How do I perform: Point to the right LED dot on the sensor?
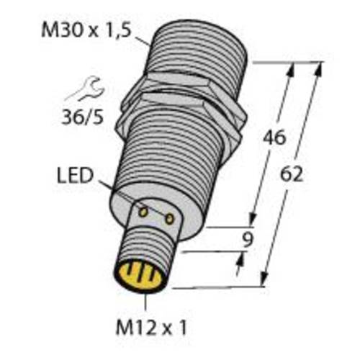pos(170,216)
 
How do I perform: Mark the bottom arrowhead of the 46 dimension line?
pos(253,222)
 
